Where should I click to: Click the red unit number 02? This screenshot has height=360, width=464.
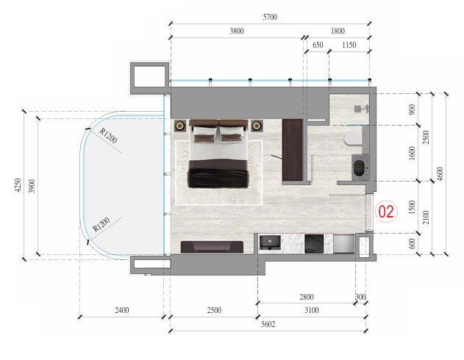point(386,212)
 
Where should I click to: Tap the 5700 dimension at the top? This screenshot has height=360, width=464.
point(270,17)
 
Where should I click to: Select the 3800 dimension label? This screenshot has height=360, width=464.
point(237,31)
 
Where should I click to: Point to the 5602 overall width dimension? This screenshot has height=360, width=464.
point(268,324)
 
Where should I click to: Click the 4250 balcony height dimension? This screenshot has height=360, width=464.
point(18,185)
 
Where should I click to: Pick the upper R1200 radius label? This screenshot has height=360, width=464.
point(108,136)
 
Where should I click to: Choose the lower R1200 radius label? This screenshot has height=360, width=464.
point(101,224)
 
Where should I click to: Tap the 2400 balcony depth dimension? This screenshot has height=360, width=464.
point(121,310)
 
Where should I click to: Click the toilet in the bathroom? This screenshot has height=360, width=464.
point(353,140)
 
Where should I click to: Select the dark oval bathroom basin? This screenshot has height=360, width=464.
point(360,168)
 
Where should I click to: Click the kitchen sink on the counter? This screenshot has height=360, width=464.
point(270,242)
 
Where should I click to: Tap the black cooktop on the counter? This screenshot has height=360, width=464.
point(314,244)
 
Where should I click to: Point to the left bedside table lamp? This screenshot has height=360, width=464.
point(179,126)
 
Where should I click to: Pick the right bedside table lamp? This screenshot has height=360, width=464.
point(257,126)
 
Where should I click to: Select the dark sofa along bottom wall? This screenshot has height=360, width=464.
point(212,247)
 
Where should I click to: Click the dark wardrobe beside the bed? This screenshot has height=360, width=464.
point(292,150)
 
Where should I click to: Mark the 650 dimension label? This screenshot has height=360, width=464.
point(318,45)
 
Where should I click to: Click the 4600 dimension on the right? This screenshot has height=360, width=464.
point(440,174)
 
